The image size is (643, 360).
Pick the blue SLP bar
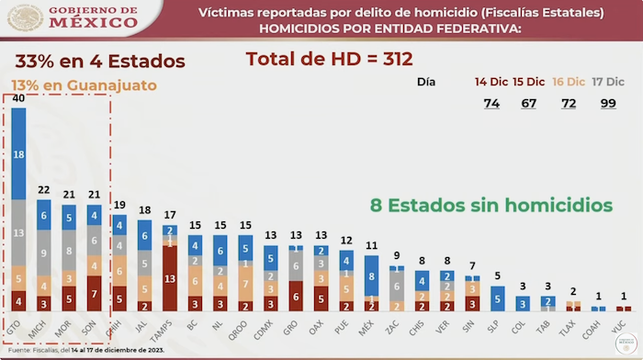tap(497, 298)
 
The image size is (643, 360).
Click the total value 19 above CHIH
tap(119, 205)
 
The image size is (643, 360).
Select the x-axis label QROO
tap(243, 328)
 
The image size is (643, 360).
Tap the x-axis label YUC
tap(624, 326)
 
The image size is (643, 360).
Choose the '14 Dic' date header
tap(491, 82)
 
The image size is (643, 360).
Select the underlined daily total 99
tap(607, 103)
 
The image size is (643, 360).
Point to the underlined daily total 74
tap(491, 103)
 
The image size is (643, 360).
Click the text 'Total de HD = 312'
tap(328, 60)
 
